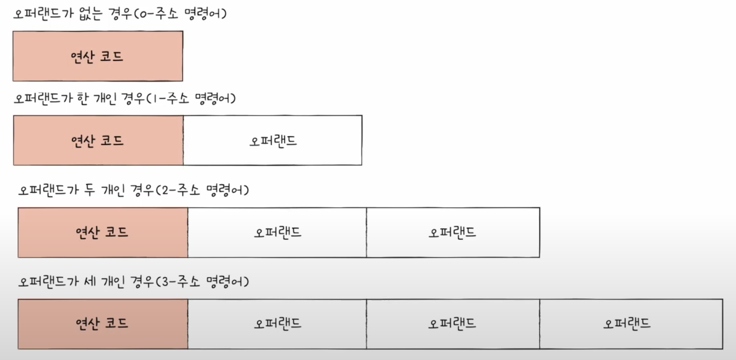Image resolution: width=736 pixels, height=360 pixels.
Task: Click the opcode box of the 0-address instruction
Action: click(97, 56)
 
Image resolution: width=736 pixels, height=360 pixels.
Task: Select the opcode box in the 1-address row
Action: click(98, 141)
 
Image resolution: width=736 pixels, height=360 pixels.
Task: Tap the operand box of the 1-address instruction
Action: click(273, 141)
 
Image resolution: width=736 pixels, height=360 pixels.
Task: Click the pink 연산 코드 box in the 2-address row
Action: click(102, 232)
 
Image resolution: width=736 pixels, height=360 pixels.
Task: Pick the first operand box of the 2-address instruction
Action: click(277, 232)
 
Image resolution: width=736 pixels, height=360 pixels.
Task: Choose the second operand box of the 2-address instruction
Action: click(452, 232)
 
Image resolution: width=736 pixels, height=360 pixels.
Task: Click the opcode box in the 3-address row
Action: click(102, 323)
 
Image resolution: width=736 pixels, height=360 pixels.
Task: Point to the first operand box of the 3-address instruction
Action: click(277, 323)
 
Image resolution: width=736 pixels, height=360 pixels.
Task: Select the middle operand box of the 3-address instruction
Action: click(452, 323)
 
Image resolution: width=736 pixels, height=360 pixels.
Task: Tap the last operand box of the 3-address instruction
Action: click(627, 323)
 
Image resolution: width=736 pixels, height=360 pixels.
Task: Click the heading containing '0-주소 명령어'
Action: click(120, 14)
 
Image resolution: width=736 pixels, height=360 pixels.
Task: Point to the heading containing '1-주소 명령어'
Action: click(125, 99)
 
